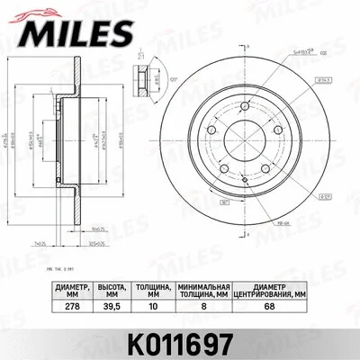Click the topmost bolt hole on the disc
(x=243, y=107)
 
